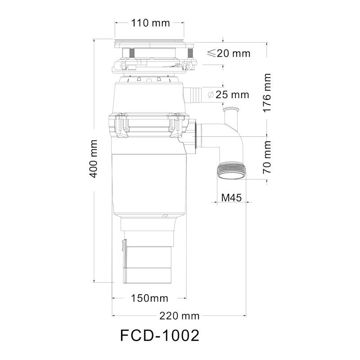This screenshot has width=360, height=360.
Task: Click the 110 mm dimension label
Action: coord(149,23)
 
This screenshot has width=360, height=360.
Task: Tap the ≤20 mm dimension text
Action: coord(229,54)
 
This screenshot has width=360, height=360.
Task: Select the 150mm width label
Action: coord(149,298)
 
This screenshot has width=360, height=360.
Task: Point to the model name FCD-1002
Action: coord(160,336)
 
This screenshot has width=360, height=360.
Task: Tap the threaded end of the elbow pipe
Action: coord(232,171)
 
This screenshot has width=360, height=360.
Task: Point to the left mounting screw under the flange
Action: coord(133,53)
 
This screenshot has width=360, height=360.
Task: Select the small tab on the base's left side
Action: coord(122,247)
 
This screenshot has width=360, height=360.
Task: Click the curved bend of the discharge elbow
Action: coord(234,144)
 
